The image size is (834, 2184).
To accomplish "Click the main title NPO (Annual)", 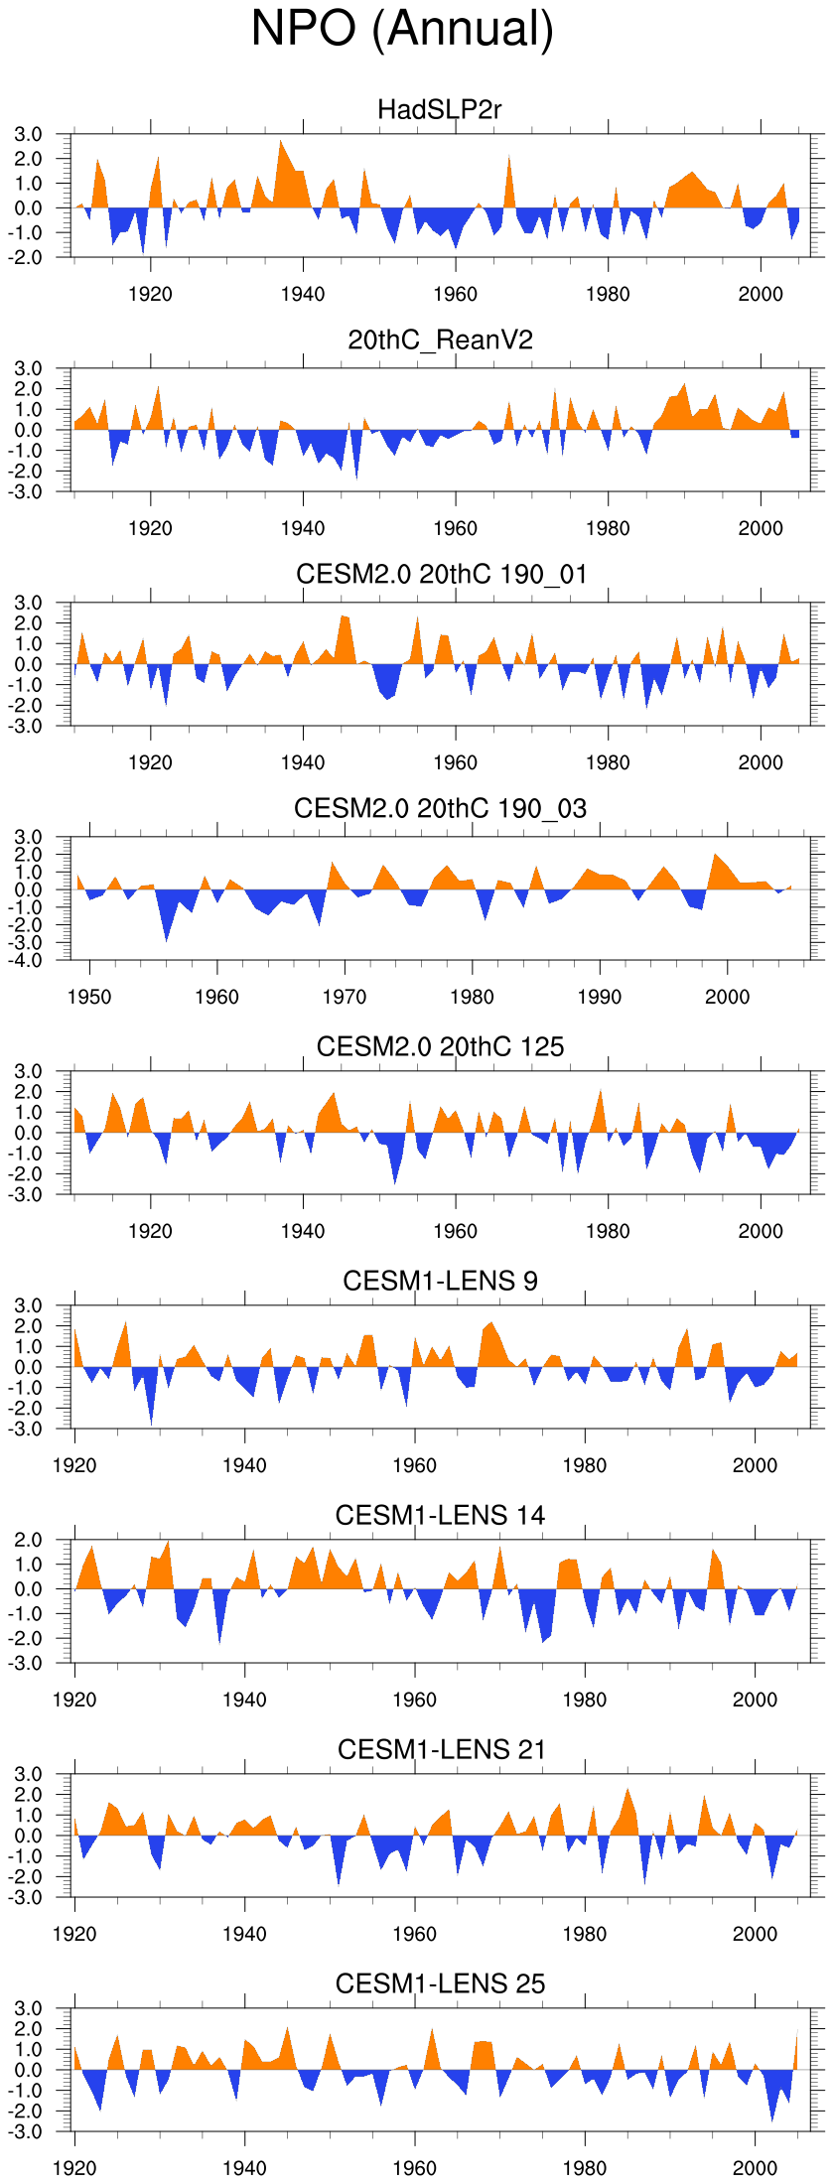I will coord(402,29).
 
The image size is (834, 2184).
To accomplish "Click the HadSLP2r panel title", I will coord(440,109).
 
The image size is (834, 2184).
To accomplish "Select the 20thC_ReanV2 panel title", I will coord(440,340).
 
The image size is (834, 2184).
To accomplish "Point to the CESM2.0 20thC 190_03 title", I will coord(440,808).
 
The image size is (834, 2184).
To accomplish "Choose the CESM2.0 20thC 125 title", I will coord(440,1046).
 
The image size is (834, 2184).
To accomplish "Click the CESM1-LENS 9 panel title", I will coord(440,1281).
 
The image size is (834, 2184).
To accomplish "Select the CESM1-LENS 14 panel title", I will coord(440,1515).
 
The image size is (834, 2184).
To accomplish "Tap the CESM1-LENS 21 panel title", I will coord(440,1749).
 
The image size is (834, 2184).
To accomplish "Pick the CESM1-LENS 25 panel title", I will coord(440,1983).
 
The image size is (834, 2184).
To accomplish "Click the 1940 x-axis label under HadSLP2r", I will coord(303,294).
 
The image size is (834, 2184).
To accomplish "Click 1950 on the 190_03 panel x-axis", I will coord(89,997).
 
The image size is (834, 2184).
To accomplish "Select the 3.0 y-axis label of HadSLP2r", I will coord(29,134).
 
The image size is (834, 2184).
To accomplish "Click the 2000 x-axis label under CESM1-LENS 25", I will coord(755,2168).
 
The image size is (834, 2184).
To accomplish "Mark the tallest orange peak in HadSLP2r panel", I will coord(281,142).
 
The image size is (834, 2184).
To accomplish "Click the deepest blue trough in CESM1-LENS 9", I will coord(151,1423).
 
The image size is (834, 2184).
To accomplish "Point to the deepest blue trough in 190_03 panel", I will coord(166,939).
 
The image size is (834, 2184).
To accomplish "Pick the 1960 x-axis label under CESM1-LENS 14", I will coord(414,1700).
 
